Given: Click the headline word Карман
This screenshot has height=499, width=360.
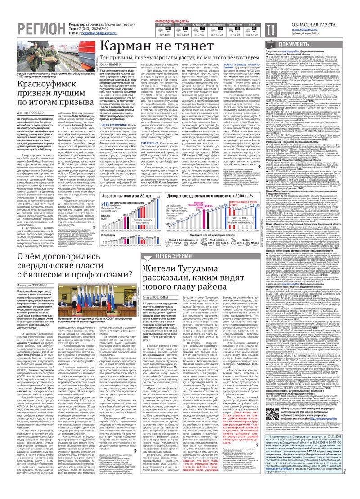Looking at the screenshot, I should pos(130,47).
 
